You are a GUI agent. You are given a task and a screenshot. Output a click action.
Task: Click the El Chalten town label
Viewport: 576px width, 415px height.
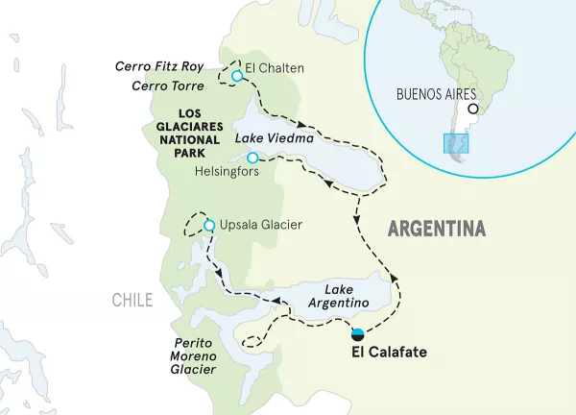(x=275, y=69)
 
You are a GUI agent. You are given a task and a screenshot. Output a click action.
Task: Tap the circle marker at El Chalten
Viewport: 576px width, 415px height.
(x=236, y=76)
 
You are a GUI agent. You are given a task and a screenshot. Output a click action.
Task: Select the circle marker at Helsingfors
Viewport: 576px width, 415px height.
(x=252, y=158)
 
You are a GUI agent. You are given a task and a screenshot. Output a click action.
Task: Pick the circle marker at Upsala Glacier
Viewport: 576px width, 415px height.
(x=208, y=226)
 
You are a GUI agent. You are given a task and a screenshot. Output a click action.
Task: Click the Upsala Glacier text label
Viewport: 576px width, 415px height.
(x=262, y=226)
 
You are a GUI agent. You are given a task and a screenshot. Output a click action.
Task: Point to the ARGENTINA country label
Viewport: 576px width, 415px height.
(x=436, y=230)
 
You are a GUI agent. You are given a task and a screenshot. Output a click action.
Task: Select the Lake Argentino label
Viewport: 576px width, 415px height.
(x=346, y=296)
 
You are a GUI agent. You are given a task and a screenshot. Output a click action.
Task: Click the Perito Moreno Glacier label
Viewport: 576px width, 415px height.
(x=187, y=354)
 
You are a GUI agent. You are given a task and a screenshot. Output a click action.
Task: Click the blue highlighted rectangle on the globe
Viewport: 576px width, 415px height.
(x=455, y=144)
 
